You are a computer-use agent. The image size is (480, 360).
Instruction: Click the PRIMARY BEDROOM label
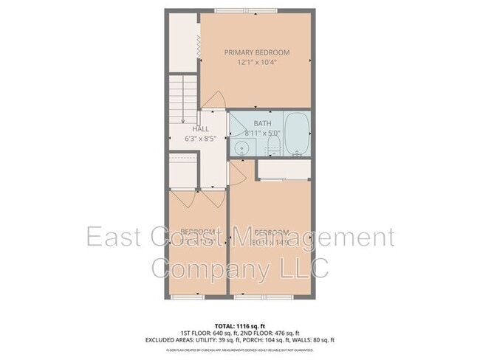[257, 52]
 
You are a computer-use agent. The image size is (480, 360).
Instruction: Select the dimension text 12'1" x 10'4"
[257, 63]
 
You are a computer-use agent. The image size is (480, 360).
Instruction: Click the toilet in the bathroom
[272, 147]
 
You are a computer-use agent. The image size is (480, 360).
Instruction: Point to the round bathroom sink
[241, 148]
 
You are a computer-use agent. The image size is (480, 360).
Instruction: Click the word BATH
[262, 123]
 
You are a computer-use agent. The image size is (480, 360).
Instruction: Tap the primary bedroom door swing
[213, 101]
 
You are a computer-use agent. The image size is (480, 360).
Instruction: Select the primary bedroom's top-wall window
[256, 11]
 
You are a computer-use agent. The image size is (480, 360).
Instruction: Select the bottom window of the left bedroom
[183, 296]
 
